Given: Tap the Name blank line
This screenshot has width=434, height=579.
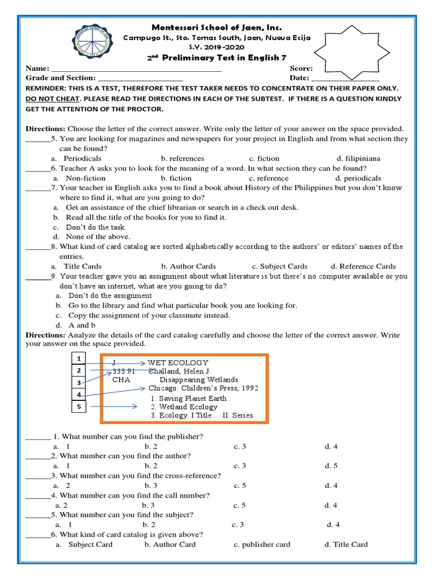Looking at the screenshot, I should (x=136, y=68).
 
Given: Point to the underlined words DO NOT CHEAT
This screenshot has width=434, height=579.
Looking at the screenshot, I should (x=51, y=98).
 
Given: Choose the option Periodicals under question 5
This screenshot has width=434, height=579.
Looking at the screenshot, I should (x=83, y=158).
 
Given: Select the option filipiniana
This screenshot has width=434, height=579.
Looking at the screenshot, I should (x=358, y=158).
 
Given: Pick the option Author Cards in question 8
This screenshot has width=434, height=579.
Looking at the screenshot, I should (x=188, y=266).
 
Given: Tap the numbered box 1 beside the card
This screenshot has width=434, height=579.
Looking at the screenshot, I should (x=80, y=358).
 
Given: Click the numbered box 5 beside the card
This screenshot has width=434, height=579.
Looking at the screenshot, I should (x=80, y=406).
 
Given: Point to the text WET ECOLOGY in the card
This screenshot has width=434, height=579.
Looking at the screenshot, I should (x=178, y=362).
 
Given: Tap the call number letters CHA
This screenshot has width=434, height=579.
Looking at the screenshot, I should (x=121, y=380).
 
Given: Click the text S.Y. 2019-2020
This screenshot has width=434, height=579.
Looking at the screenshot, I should (x=217, y=47).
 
